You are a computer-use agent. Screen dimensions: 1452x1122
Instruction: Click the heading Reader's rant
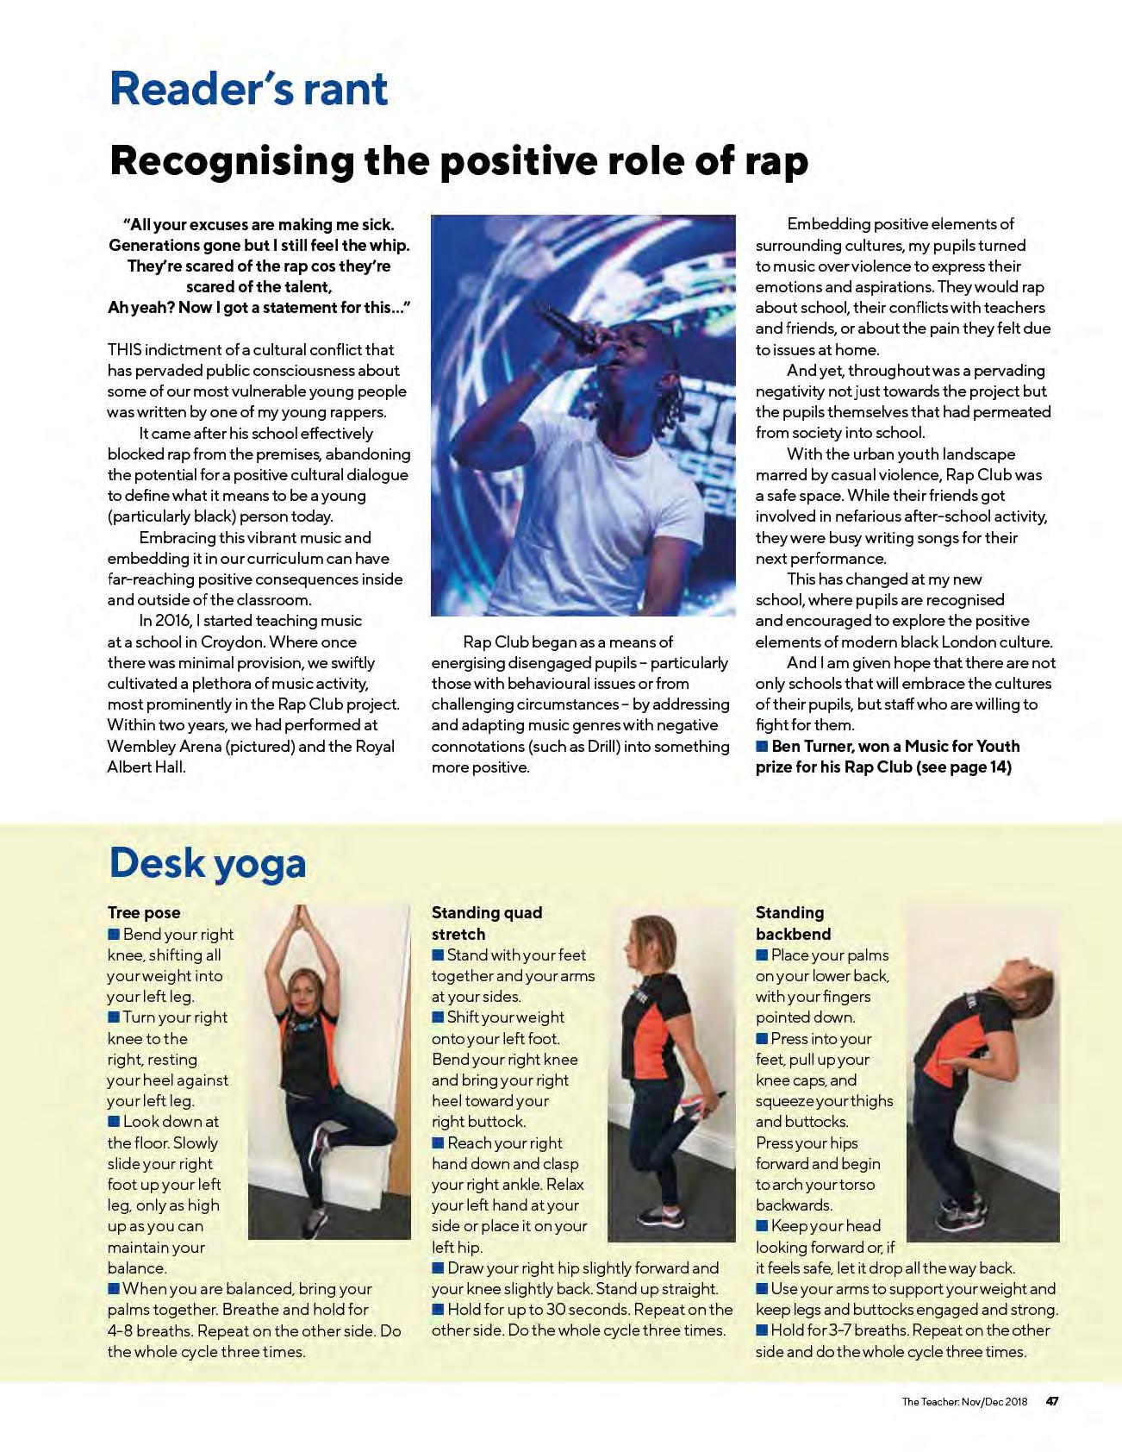point(248,89)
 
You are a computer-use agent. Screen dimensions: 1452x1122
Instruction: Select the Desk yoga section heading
point(207,863)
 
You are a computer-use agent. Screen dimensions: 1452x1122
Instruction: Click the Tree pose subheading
point(144,912)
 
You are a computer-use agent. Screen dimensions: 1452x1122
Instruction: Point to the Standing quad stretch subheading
point(487,923)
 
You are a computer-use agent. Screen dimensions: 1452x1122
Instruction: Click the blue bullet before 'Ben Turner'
point(762,746)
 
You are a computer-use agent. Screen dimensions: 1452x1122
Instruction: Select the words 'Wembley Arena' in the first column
point(164,746)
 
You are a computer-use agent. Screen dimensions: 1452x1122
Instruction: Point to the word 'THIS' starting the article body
point(125,349)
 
